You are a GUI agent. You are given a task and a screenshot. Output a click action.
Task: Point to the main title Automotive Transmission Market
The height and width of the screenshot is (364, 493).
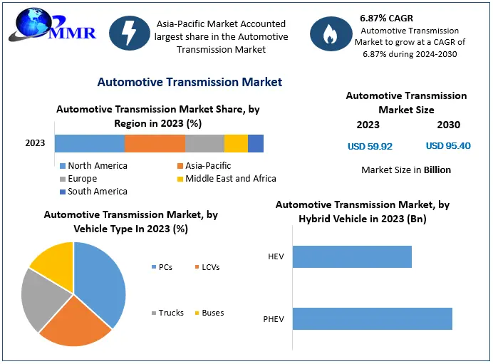(x=190, y=82)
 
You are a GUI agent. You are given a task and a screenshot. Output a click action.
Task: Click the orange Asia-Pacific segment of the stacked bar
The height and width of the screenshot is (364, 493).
(x=155, y=143)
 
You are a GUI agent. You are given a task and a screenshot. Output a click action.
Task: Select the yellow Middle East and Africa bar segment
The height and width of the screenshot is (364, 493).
(x=236, y=143)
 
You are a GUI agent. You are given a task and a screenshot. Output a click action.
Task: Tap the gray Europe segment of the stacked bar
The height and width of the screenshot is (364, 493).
(x=204, y=143)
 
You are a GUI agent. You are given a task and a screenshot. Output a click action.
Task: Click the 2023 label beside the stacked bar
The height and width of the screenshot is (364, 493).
(x=35, y=143)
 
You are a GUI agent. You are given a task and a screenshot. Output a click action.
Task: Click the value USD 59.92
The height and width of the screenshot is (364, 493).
(x=370, y=146)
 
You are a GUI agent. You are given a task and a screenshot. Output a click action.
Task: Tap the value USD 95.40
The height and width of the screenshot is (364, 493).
(x=448, y=146)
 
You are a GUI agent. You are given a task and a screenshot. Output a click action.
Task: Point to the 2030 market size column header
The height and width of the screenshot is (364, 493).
(x=448, y=125)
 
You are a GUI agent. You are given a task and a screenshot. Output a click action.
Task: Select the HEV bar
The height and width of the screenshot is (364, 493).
(x=352, y=256)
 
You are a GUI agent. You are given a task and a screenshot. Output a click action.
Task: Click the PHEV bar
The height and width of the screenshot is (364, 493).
(x=372, y=318)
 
